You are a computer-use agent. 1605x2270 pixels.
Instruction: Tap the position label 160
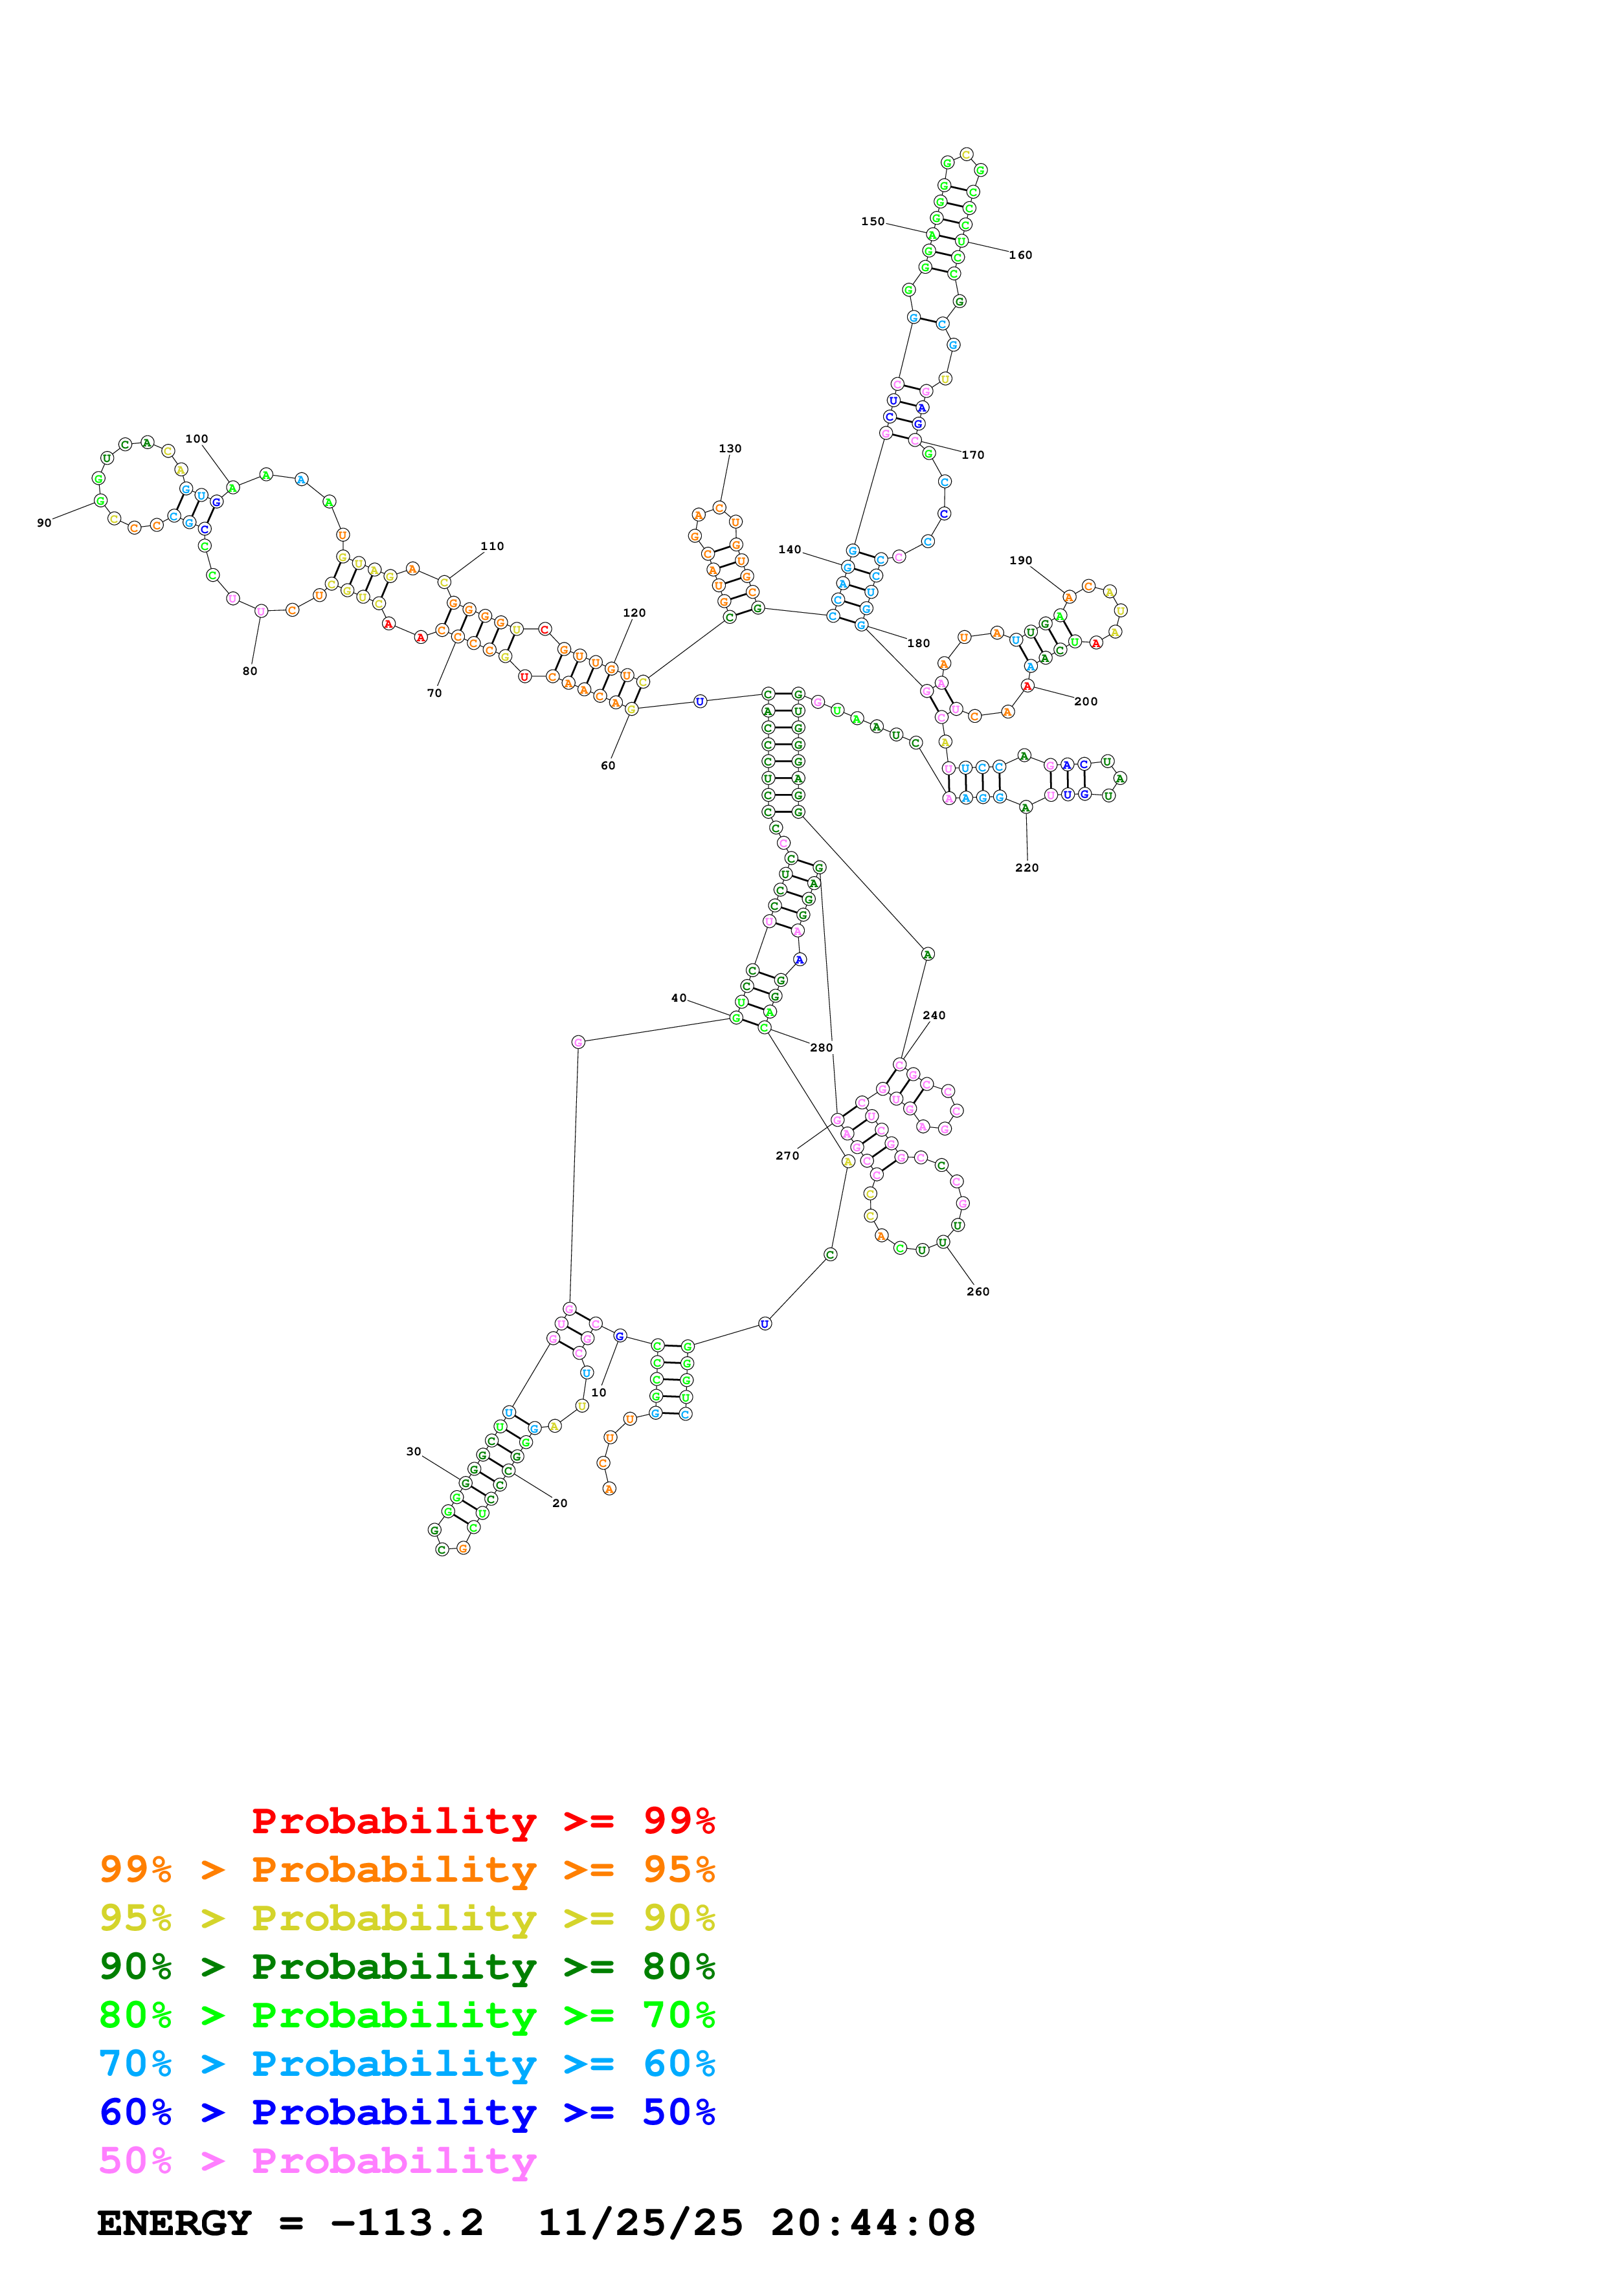pos(1020,255)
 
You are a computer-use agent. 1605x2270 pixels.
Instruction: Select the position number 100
pos(197,439)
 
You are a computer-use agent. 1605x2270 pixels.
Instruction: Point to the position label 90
pos(45,523)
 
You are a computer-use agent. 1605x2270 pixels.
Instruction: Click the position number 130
pos(730,449)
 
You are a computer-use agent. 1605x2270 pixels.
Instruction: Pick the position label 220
pos(1026,868)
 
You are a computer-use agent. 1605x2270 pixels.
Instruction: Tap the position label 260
pos(978,1291)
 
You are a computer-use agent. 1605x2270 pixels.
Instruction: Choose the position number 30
pos(413,1451)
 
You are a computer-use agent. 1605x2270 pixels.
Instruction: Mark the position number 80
pos(250,671)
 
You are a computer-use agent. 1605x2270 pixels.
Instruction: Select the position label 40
pos(679,998)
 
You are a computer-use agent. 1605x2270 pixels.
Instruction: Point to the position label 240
pos(934,1015)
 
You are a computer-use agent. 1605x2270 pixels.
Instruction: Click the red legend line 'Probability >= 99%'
pos(482,1821)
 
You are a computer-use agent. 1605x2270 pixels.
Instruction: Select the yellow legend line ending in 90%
pos(407,1918)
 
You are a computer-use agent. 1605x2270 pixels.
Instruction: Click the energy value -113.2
pos(407,2223)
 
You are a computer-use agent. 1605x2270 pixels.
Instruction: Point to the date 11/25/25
pos(640,2223)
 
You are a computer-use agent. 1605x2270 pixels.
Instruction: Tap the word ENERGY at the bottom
pos(174,2223)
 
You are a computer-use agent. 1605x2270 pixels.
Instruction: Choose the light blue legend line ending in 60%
pos(407,2064)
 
